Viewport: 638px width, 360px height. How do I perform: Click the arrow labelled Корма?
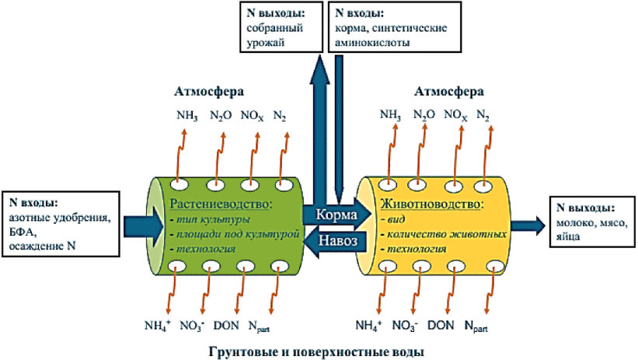(x=337, y=214)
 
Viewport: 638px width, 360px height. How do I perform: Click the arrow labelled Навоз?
(x=337, y=240)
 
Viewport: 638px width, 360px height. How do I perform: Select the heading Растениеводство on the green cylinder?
(x=221, y=204)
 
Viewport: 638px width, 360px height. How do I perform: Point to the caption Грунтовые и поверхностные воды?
(x=316, y=351)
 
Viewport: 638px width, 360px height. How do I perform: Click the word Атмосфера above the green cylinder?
(x=209, y=92)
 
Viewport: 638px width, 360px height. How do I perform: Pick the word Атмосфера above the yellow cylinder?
(x=449, y=92)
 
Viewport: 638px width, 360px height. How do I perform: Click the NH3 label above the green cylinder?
(x=187, y=116)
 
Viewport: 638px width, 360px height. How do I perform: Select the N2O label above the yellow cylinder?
(x=424, y=115)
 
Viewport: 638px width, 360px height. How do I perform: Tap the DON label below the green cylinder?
(x=226, y=325)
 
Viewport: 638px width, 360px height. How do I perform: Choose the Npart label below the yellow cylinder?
(x=476, y=327)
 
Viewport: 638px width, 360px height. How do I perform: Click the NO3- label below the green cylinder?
(x=192, y=326)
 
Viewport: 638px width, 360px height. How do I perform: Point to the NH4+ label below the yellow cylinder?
(x=368, y=326)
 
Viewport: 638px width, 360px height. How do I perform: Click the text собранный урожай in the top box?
(x=274, y=36)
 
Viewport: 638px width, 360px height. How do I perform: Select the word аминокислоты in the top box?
(x=372, y=42)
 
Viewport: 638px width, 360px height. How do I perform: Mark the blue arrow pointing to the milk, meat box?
(x=528, y=225)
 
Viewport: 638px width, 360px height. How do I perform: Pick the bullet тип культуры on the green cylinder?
(x=210, y=219)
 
